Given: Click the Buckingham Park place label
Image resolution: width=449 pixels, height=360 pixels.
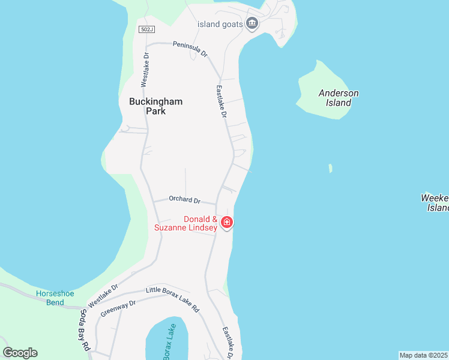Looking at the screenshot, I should [155, 106].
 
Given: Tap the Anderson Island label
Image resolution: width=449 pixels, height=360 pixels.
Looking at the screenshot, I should [339, 98].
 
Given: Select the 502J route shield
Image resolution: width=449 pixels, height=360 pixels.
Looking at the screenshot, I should [146, 29].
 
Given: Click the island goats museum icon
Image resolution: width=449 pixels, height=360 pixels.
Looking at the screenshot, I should [252, 24].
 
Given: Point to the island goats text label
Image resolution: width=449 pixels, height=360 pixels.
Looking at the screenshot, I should [220, 24].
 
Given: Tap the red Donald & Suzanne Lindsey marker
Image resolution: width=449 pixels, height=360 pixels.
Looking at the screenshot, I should [227, 223].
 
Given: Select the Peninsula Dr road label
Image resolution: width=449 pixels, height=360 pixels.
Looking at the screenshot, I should [190, 49].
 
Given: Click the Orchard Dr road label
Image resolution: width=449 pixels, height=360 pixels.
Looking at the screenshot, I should [184, 200].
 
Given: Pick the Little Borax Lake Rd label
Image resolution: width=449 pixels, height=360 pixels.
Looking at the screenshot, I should [172, 298].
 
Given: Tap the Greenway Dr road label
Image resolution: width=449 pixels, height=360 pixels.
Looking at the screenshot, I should [118, 308].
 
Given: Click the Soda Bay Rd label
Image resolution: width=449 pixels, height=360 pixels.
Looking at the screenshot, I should [83, 331].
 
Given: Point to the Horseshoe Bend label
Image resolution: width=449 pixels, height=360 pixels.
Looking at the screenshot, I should [55, 297].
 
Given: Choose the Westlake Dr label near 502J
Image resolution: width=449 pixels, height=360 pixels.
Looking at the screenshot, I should [145, 68].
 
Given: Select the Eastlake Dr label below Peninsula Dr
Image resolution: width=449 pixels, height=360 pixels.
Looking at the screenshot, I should [220, 100].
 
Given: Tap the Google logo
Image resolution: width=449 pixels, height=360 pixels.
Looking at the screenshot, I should [20, 353].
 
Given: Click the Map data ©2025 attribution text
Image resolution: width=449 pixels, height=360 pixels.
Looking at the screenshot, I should [424, 355].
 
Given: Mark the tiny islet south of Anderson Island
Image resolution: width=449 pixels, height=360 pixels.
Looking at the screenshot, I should [330, 169].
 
